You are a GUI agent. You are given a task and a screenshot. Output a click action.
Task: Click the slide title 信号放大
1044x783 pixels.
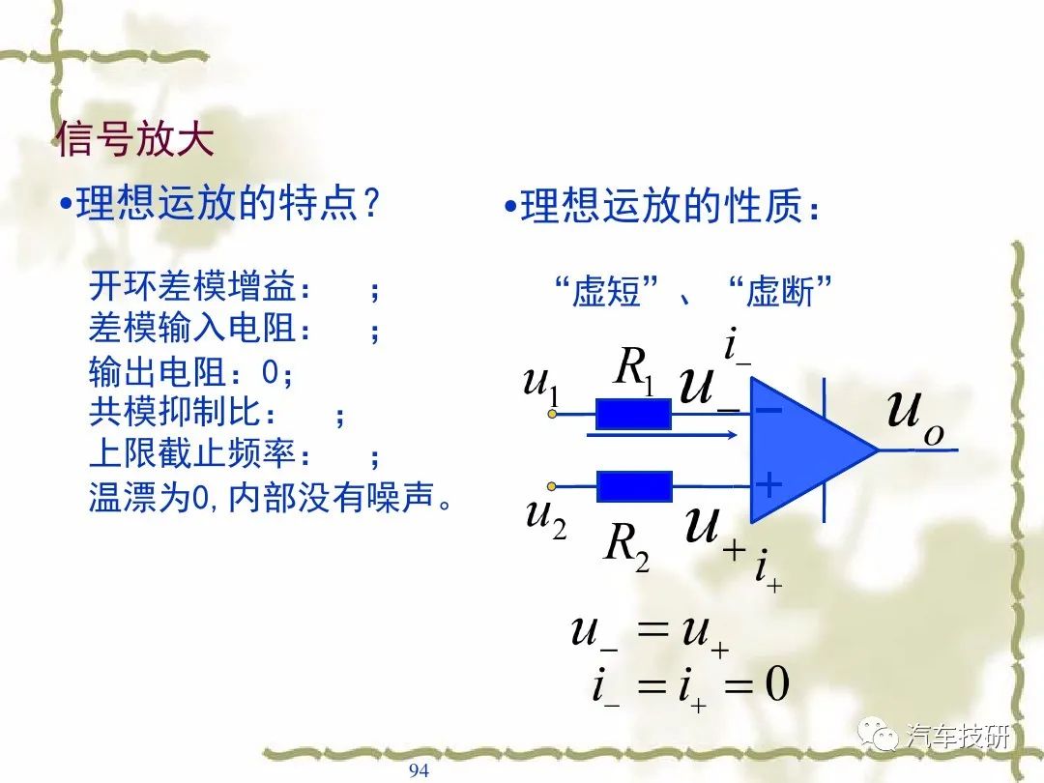(x=135, y=139)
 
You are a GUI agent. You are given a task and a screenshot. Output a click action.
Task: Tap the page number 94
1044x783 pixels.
(x=419, y=770)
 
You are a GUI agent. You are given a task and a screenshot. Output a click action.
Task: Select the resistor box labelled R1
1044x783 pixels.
(x=633, y=414)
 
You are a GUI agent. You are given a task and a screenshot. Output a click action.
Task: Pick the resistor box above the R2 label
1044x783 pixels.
(x=634, y=486)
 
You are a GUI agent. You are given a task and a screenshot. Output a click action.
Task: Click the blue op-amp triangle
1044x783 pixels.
(x=805, y=450)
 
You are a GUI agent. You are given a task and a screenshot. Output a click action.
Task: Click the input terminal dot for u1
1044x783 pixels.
(x=552, y=414)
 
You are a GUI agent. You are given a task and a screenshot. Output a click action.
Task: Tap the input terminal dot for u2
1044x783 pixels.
(x=551, y=486)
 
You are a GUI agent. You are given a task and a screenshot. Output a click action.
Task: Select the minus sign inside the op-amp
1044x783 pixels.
(x=769, y=410)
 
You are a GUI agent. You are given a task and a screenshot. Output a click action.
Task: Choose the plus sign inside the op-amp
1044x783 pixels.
(x=769, y=484)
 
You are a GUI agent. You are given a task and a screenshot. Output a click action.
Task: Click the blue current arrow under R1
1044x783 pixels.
(x=662, y=435)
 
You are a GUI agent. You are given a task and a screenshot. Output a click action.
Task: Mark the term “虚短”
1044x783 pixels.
(x=606, y=292)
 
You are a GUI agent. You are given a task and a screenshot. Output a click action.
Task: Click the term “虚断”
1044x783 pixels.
(x=780, y=292)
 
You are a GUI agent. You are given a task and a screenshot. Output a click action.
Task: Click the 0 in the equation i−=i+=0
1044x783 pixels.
(x=776, y=683)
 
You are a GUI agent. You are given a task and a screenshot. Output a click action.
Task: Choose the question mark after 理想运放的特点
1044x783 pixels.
(x=371, y=203)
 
